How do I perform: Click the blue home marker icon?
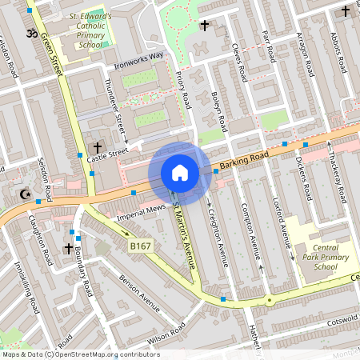(x=180, y=173)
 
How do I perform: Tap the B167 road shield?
(x=141, y=247)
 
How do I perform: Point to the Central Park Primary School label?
(x=326, y=258)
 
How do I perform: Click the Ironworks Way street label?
(x=138, y=58)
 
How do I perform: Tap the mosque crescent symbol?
(x=23, y=194)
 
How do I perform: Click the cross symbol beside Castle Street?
(x=98, y=148)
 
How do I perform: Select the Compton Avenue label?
(x=254, y=234)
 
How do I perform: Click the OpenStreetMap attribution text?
(x=80, y=354)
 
